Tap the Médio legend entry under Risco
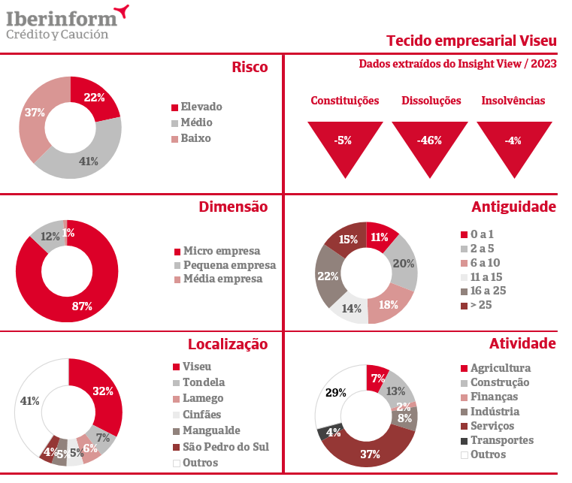click(196, 122)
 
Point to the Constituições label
click(345, 101)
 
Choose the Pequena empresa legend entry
click(229, 265)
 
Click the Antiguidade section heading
click(513, 207)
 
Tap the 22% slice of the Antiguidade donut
click(328, 276)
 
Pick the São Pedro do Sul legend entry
click(225, 447)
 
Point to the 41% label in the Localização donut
click(30, 401)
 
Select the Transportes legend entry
click(501, 440)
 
